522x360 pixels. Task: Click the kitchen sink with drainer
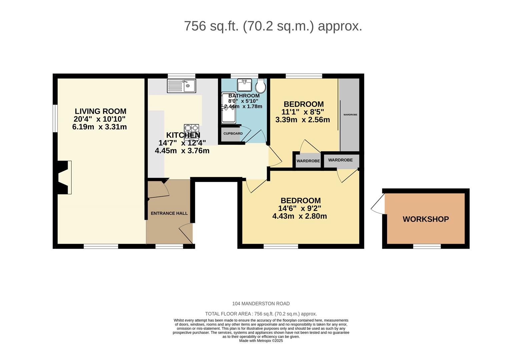[x=182, y=86]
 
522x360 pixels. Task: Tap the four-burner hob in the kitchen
[x=192, y=132]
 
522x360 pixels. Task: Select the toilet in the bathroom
[x=260, y=86]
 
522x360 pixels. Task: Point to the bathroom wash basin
[x=244, y=85]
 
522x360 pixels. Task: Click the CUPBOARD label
[x=233, y=134]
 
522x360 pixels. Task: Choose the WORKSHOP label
[x=426, y=219]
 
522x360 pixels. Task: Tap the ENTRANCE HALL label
[x=169, y=213]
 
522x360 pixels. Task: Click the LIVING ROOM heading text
[x=100, y=111]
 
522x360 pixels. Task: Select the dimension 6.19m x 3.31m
[x=100, y=127]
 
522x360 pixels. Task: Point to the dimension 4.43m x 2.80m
[x=300, y=216]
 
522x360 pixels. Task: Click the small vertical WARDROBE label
[x=350, y=115]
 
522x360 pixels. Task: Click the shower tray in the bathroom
[x=229, y=108]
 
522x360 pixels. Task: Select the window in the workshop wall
[x=427, y=246]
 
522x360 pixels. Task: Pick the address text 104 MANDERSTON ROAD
[x=261, y=304]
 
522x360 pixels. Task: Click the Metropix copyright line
[x=261, y=341]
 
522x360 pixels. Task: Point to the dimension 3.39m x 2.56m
[x=303, y=120]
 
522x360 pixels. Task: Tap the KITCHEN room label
[x=183, y=135]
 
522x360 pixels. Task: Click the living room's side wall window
[x=55, y=118]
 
